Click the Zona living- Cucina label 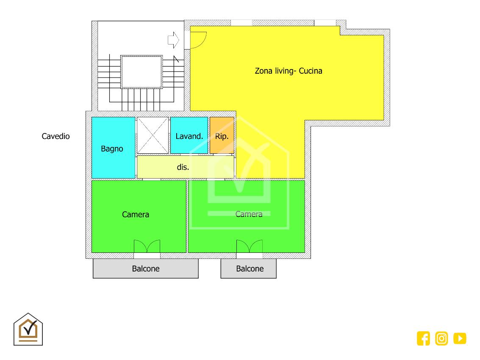[x=289, y=71]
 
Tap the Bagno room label [x=112, y=149]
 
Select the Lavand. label [x=189, y=136]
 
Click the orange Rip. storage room [x=222, y=135]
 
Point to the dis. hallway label [x=183, y=167]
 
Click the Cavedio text [x=56, y=136]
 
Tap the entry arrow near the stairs [x=173, y=40]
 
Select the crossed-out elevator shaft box [x=153, y=135]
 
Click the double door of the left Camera [x=147, y=246]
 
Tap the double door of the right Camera [x=250, y=246]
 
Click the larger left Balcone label [x=146, y=269]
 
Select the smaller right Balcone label [x=250, y=269]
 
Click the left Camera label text [x=136, y=214]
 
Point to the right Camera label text [x=249, y=214]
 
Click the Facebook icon [x=423, y=338]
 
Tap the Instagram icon [x=441, y=338]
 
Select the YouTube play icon [x=460, y=338]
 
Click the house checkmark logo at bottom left [x=28, y=330]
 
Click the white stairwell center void [x=142, y=72]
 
